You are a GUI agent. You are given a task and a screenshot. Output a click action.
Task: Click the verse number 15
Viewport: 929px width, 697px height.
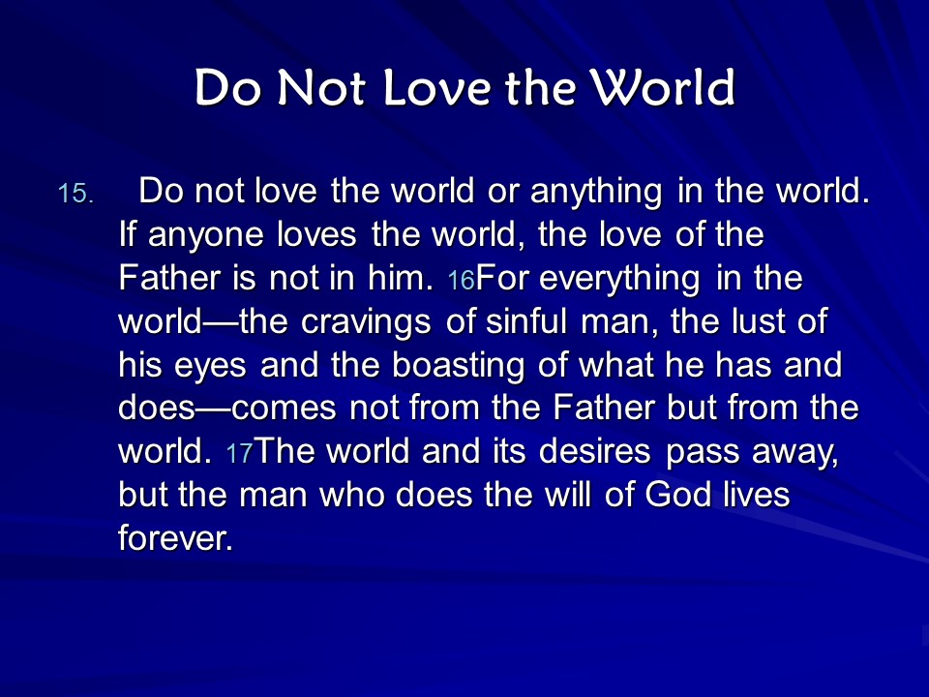tap(75, 194)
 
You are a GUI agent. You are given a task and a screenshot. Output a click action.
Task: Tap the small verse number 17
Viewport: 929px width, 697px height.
tap(239, 453)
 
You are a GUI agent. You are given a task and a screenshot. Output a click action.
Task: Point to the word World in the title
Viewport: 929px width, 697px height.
tap(664, 88)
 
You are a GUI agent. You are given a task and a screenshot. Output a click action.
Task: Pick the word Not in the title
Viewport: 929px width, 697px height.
tap(321, 88)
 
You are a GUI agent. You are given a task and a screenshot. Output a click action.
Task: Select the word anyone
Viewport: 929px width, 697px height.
tap(205, 236)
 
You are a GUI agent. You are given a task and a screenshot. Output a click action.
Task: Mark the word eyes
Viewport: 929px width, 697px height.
tap(210, 367)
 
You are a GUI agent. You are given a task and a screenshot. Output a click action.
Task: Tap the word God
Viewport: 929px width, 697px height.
tap(677, 495)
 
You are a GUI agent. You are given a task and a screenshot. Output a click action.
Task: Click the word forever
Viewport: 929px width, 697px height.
tap(175, 538)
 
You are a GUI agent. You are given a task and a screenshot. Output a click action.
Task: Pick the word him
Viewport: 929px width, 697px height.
tap(401, 278)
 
